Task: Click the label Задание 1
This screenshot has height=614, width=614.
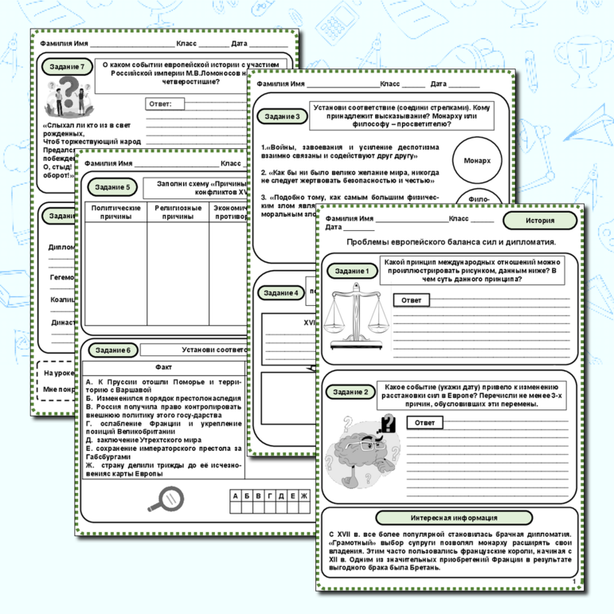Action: point(351,272)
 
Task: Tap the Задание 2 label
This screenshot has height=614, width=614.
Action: point(351,392)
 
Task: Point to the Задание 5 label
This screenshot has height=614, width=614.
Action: point(111,187)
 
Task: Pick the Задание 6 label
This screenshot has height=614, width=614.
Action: point(111,350)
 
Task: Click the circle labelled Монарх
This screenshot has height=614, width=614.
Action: point(477,160)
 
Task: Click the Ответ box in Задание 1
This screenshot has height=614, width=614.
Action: point(411,300)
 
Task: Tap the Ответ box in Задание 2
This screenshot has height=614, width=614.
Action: point(425,423)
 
